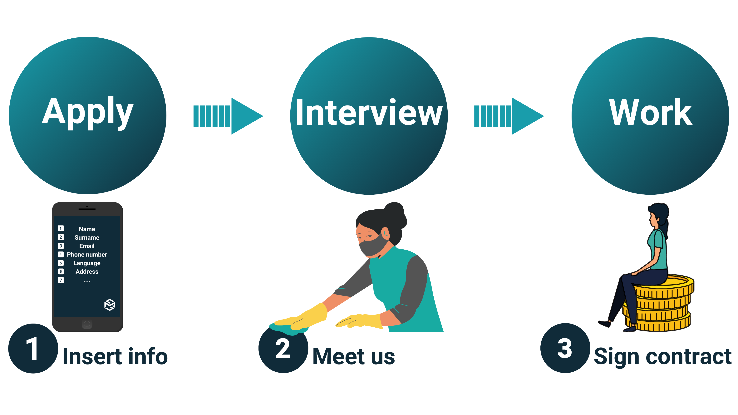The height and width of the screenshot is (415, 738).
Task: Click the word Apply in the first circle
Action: pos(88,112)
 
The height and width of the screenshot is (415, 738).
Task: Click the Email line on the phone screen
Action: pos(87,246)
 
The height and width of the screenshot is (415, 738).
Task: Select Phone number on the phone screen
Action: pos(87,255)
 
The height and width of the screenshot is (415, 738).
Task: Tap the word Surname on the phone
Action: pos(87,237)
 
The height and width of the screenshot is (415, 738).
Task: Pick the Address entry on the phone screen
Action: pos(87,271)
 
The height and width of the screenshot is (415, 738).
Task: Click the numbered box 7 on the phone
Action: pos(61,280)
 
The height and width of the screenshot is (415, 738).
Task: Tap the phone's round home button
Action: pos(87,324)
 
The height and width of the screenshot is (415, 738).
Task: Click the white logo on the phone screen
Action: pos(109,305)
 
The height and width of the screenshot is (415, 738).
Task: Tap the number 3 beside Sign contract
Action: pos(565,349)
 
